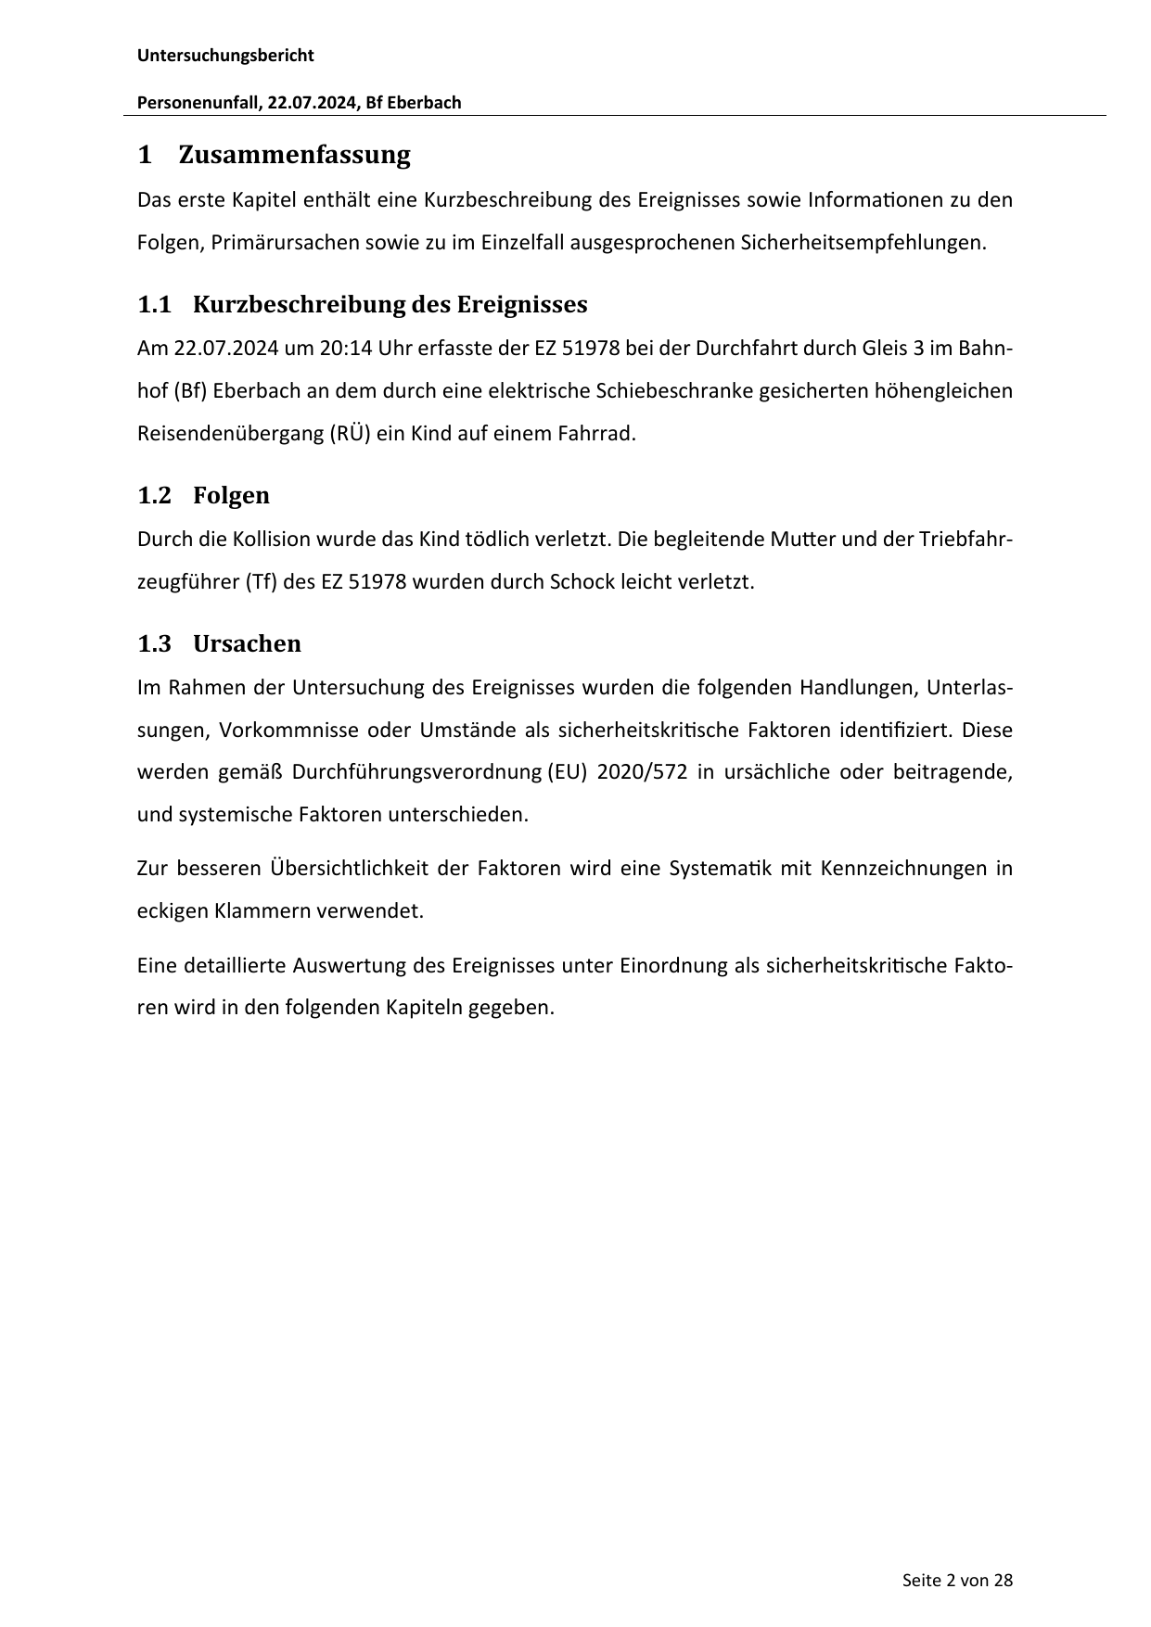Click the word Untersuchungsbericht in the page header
click(225, 56)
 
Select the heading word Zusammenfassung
click(294, 155)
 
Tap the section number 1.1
click(155, 305)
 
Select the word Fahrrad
click(602, 433)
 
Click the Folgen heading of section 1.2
click(231, 496)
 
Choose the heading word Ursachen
click(247, 644)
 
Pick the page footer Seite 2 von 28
click(957, 1580)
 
